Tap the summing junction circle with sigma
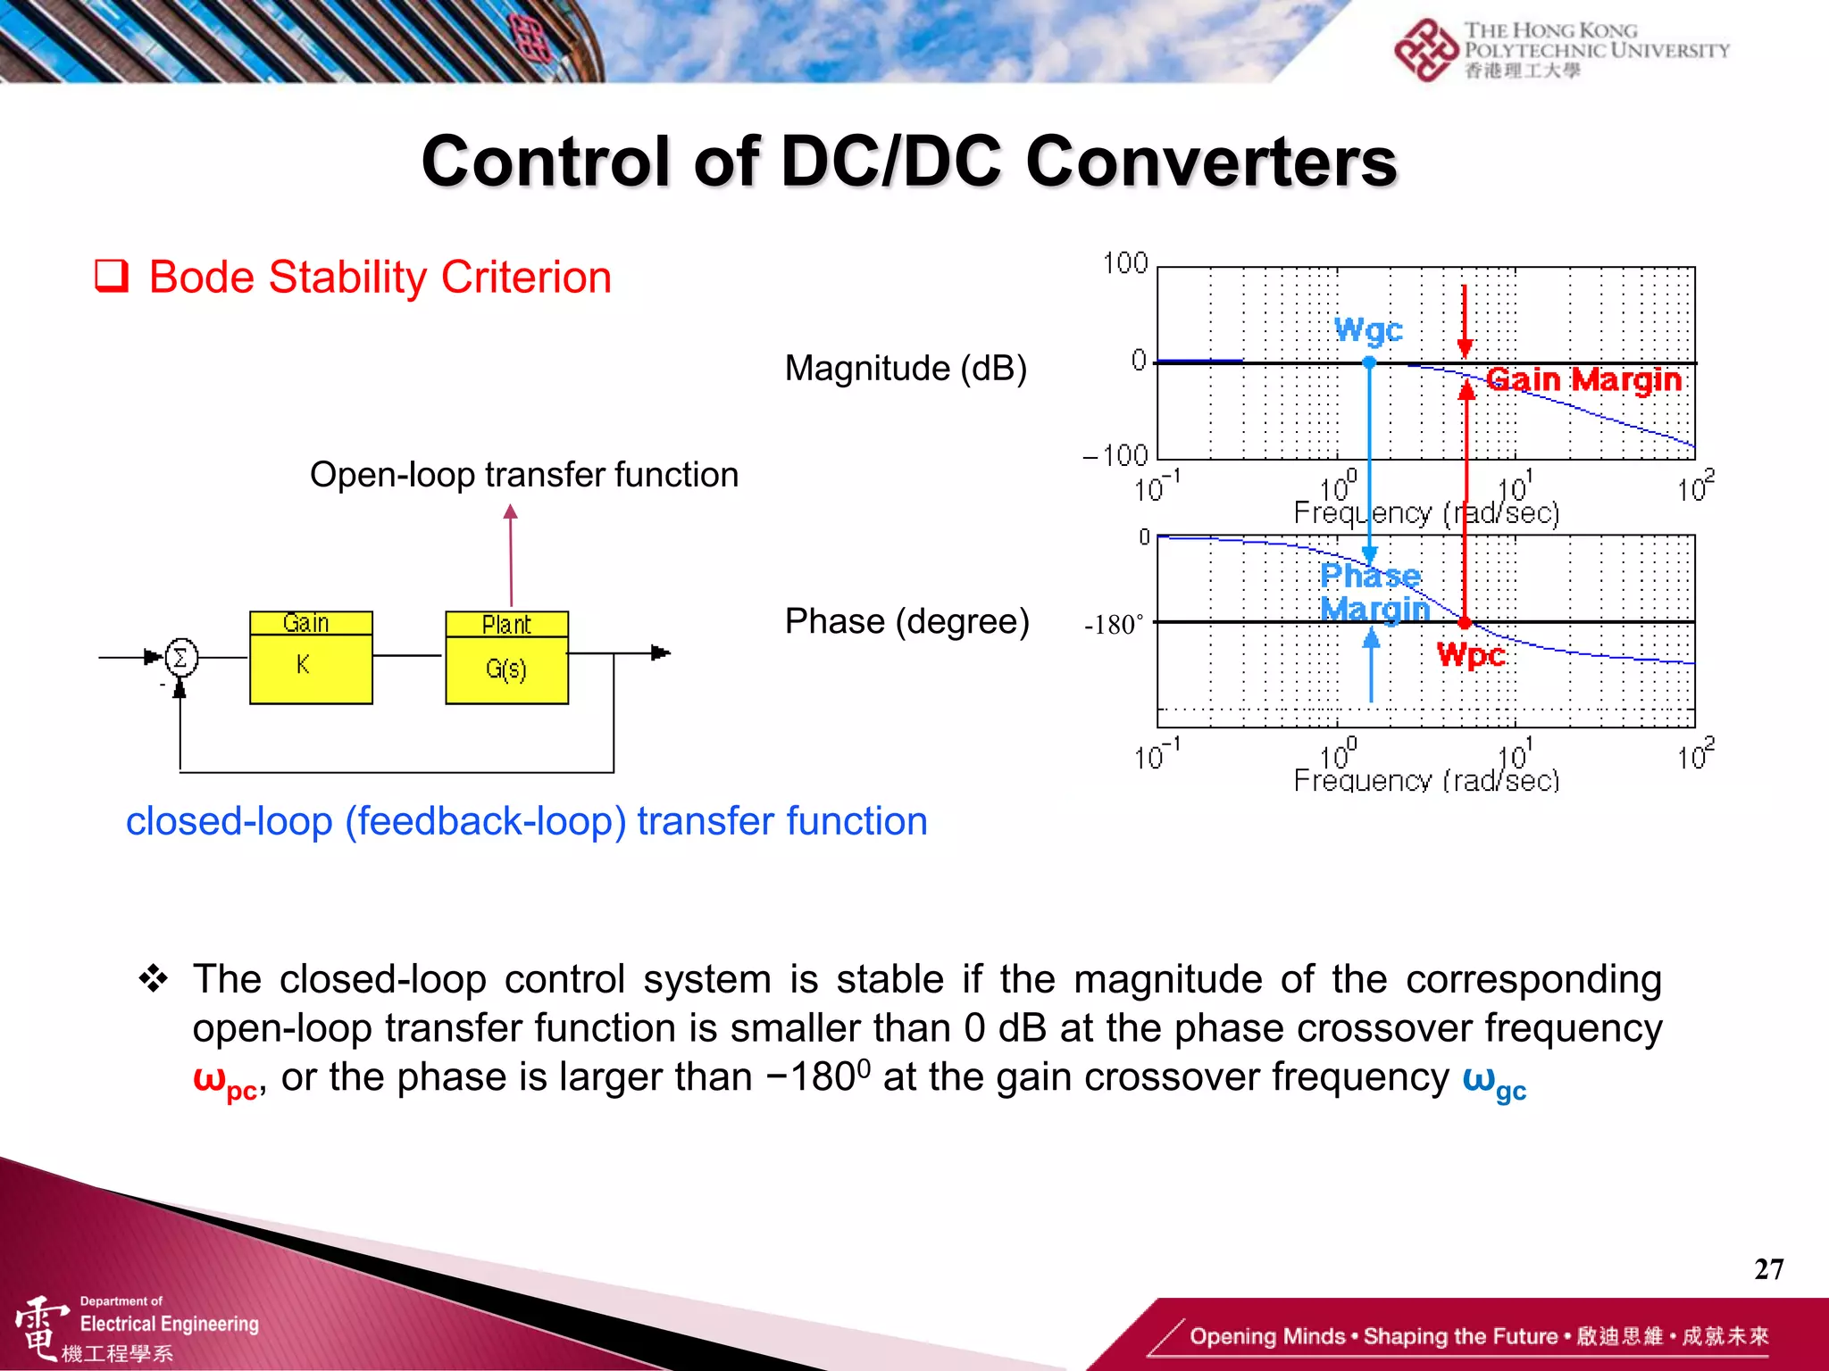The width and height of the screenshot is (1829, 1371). pyautogui.click(x=180, y=659)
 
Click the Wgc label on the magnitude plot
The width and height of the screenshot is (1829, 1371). pyautogui.click(x=1368, y=330)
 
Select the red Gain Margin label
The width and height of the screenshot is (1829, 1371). pyautogui.click(x=1584, y=380)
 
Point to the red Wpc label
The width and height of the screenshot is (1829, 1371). pyautogui.click(x=1471, y=655)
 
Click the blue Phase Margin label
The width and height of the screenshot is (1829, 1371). pyautogui.click(x=1374, y=592)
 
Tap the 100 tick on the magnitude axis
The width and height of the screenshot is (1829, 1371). pyautogui.click(x=1124, y=263)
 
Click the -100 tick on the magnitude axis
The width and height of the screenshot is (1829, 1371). pyautogui.click(x=1115, y=456)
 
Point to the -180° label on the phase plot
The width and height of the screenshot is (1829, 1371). pyautogui.click(x=1113, y=624)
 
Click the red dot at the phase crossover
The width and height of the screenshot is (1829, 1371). pyautogui.click(x=1465, y=622)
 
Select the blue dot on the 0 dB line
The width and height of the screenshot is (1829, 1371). pyautogui.click(x=1369, y=362)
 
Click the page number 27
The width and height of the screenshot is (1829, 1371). pyautogui.click(x=1768, y=1269)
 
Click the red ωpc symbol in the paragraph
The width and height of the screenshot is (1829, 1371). pyautogui.click(x=225, y=1081)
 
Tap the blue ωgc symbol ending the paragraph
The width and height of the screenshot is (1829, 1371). pyautogui.click(x=1493, y=1081)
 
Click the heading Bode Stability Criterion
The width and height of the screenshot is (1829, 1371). pyautogui.click(x=380, y=277)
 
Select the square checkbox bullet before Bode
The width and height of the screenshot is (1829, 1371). pyautogui.click(x=112, y=276)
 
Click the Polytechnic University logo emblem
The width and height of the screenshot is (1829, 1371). pyautogui.click(x=1425, y=50)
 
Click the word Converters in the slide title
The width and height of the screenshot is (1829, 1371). pyautogui.click(x=1211, y=162)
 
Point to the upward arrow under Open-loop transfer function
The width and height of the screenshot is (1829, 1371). pyautogui.click(x=511, y=553)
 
